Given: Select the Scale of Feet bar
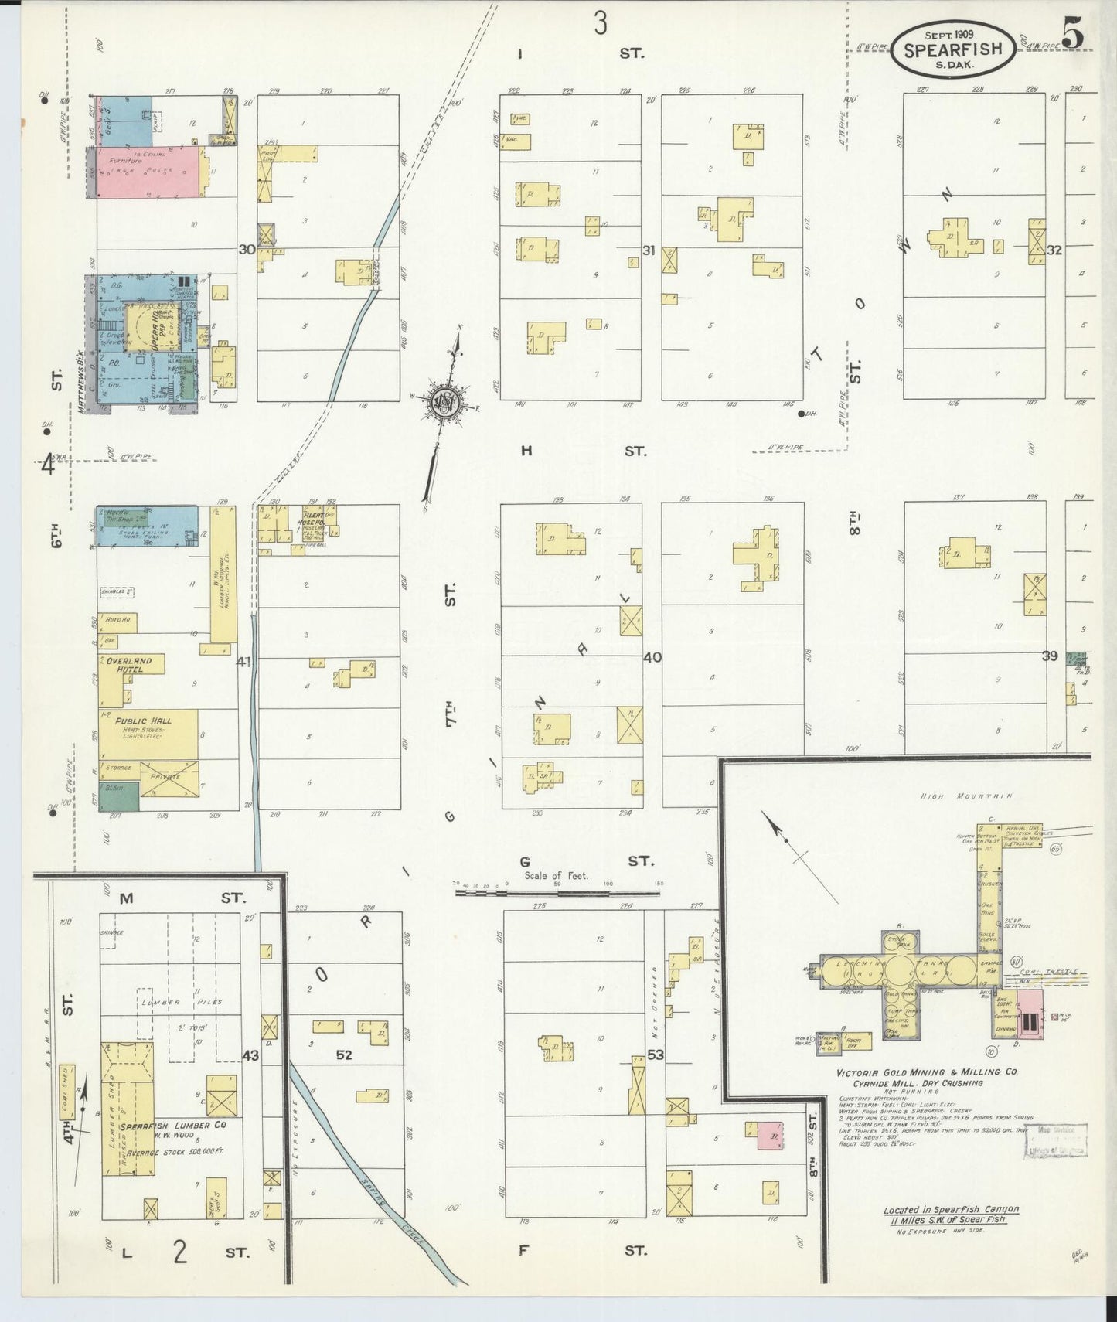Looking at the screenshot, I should (557, 891).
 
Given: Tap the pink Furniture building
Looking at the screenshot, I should (147, 172).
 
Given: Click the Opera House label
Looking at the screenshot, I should (155, 329).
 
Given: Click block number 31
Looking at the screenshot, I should (649, 250).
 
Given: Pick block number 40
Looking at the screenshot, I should (652, 658).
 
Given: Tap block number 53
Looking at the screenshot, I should (656, 1055).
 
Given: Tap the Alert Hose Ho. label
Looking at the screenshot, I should (313, 517).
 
